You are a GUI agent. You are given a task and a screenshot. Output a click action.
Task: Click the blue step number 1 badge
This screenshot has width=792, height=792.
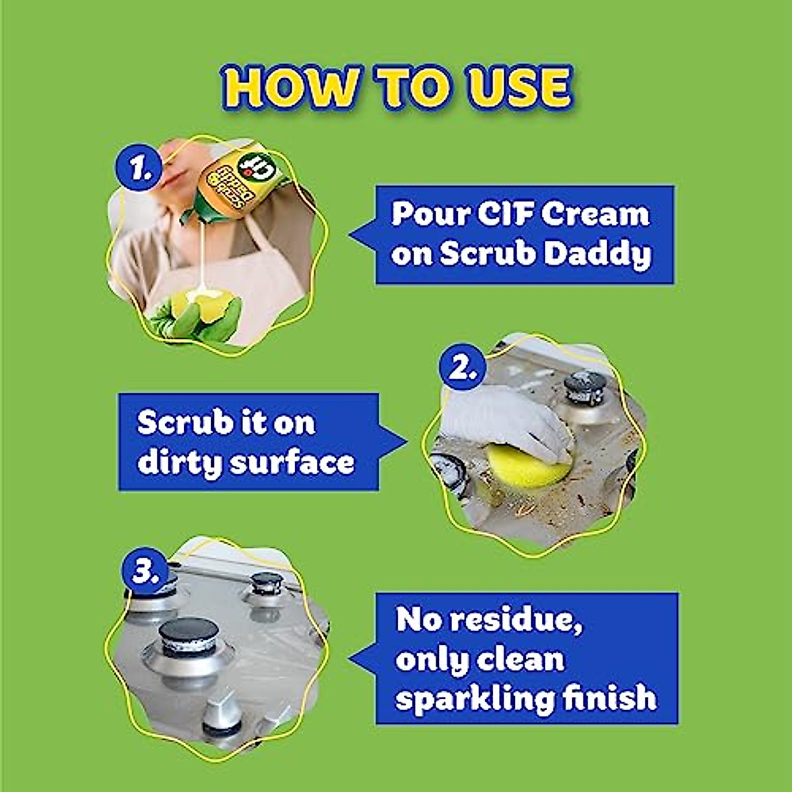(139, 170)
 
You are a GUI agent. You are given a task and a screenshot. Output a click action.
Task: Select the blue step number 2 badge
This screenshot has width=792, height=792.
(463, 368)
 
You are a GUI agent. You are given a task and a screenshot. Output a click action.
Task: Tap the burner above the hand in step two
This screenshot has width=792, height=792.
(585, 387)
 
